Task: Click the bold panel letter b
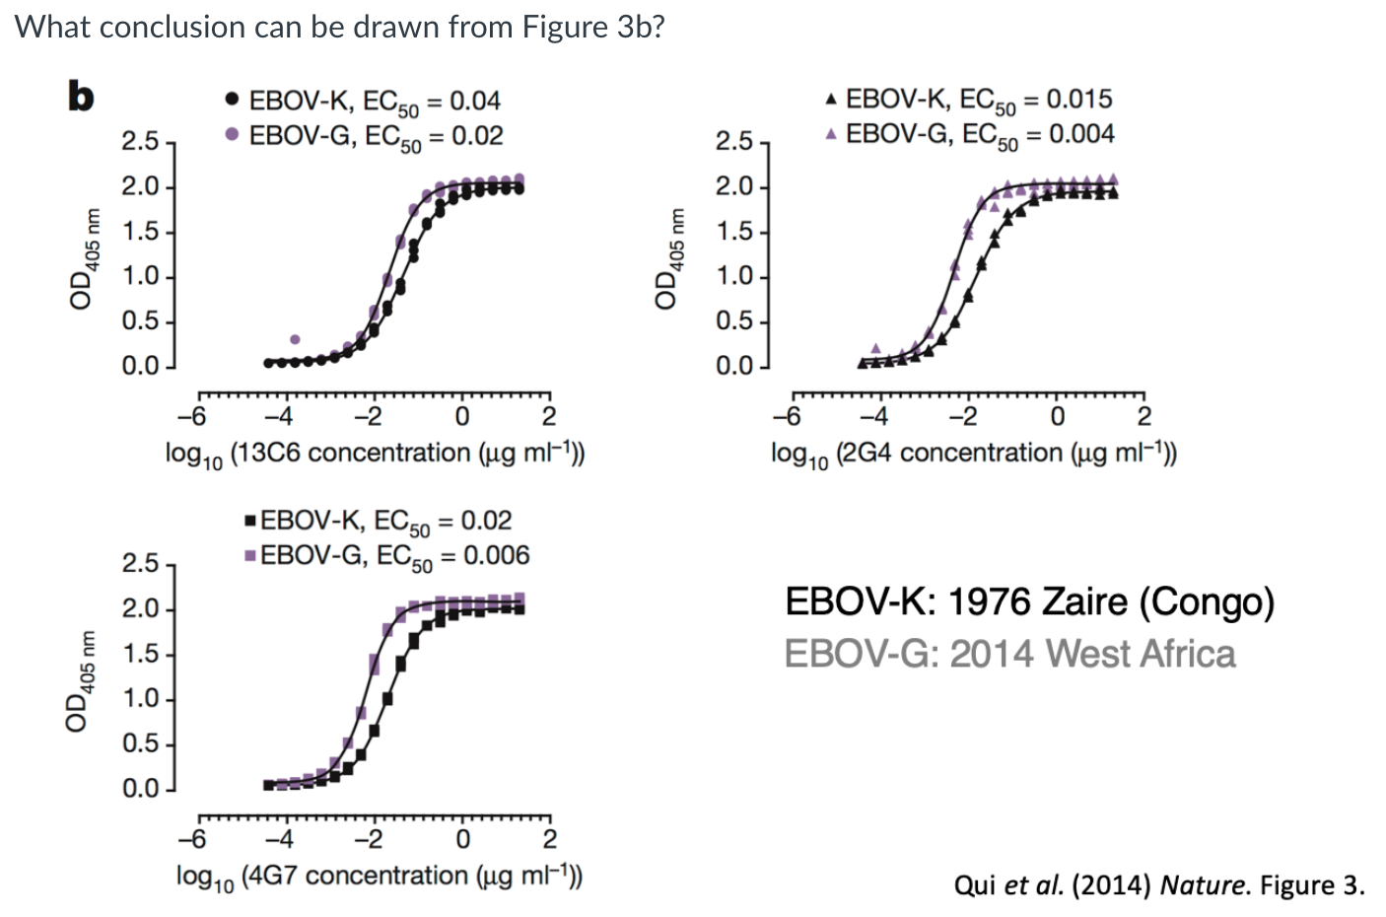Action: pyautogui.click(x=80, y=97)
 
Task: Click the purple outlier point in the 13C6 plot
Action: pyautogui.click(x=295, y=339)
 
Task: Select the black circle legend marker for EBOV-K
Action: pyautogui.click(x=232, y=100)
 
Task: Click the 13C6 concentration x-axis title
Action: pyautogui.click(x=375, y=454)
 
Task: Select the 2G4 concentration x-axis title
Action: pyautogui.click(x=973, y=454)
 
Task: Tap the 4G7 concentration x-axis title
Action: pyautogui.click(x=379, y=876)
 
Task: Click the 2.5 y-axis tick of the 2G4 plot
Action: pyautogui.click(x=733, y=142)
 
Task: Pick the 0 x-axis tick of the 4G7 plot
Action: pyautogui.click(x=461, y=839)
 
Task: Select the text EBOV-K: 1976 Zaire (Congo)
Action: pyautogui.click(x=1028, y=601)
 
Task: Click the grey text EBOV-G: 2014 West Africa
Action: pyautogui.click(x=1009, y=654)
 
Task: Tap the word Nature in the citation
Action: pyautogui.click(x=1202, y=884)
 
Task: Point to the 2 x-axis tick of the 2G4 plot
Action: pyautogui.click(x=1144, y=417)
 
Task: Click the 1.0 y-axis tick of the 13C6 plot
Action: pyautogui.click(x=140, y=276)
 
